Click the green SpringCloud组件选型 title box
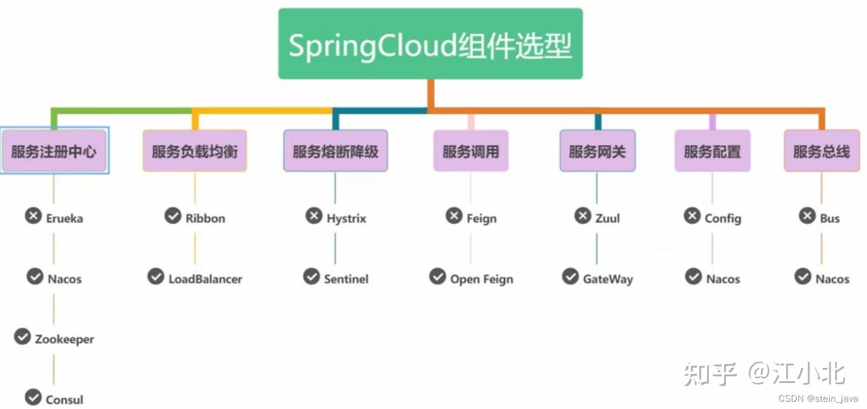click(x=430, y=44)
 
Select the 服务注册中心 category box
click(x=54, y=151)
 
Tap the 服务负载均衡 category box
click(x=194, y=151)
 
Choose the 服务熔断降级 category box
click(x=335, y=151)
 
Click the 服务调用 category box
click(x=470, y=151)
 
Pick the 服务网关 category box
click(x=598, y=151)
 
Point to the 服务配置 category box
click(x=712, y=151)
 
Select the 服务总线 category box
click(x=822, y=151)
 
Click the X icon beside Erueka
click(x=33, y=215)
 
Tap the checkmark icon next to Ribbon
click(x=173, y=215)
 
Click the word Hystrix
click(x=346, y=218)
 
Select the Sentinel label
click(x=346, y=279)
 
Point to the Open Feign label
click(x=481, y=279)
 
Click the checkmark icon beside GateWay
click(x=570, y=276)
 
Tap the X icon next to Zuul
click(x=583, y=215)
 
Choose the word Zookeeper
click(x=64, y=339)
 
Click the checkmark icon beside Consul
click(x=33, y=397)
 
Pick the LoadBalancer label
click(x=205, y=279)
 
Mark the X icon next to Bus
click(x=807, y=215)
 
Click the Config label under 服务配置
click(x=723, y=218)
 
